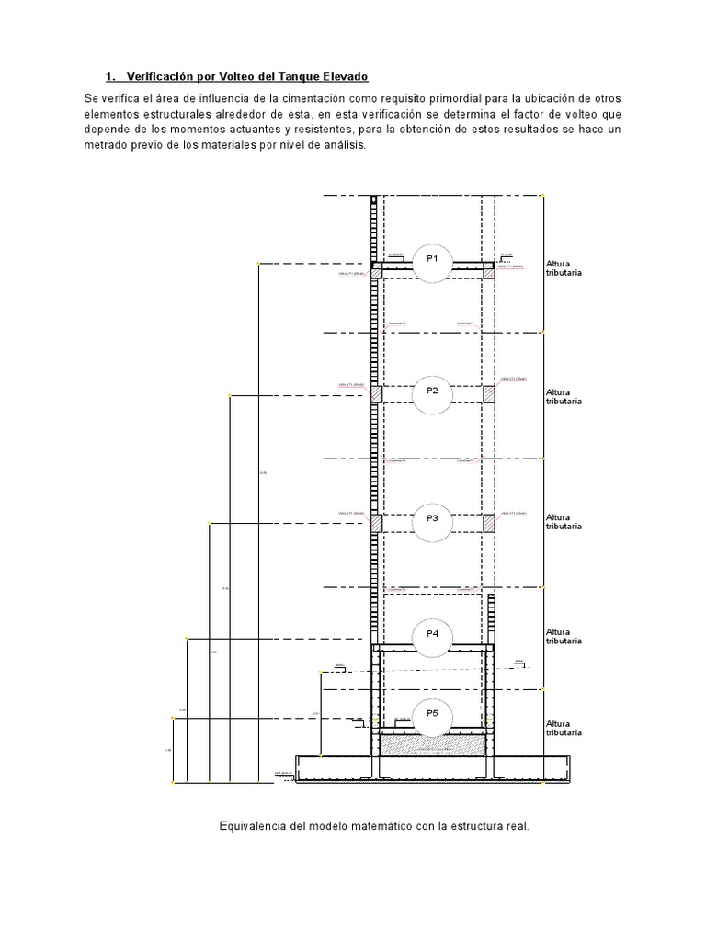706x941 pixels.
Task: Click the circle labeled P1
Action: point(432,260)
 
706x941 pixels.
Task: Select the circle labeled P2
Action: point(432,391)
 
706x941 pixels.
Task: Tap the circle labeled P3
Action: point(432,519)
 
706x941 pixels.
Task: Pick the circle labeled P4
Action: point(432,635)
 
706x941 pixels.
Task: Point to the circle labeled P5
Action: point(432,714)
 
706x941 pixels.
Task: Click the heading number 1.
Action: point(109,76)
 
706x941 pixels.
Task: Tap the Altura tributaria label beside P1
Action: point(564,268)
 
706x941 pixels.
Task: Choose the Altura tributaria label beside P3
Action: point(564,523)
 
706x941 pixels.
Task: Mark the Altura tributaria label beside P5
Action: point(564,729)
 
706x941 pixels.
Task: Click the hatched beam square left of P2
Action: point(377,393)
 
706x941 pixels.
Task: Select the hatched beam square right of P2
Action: point(489,393)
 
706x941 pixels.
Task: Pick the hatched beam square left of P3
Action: point(377,522)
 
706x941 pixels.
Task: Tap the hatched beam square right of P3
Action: point(489,522)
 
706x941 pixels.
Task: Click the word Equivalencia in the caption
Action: point(251,826)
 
